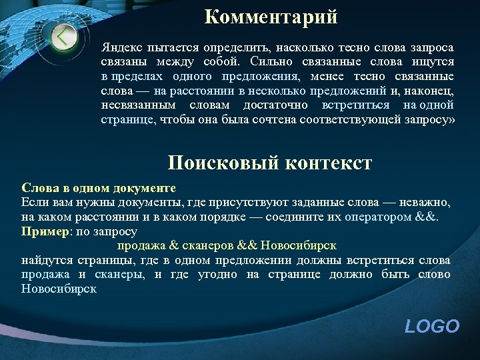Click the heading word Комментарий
271,16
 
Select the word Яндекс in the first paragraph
119,47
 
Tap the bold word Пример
44,231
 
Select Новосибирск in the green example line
299,245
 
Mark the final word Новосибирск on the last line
59,289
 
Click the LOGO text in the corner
432,327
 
